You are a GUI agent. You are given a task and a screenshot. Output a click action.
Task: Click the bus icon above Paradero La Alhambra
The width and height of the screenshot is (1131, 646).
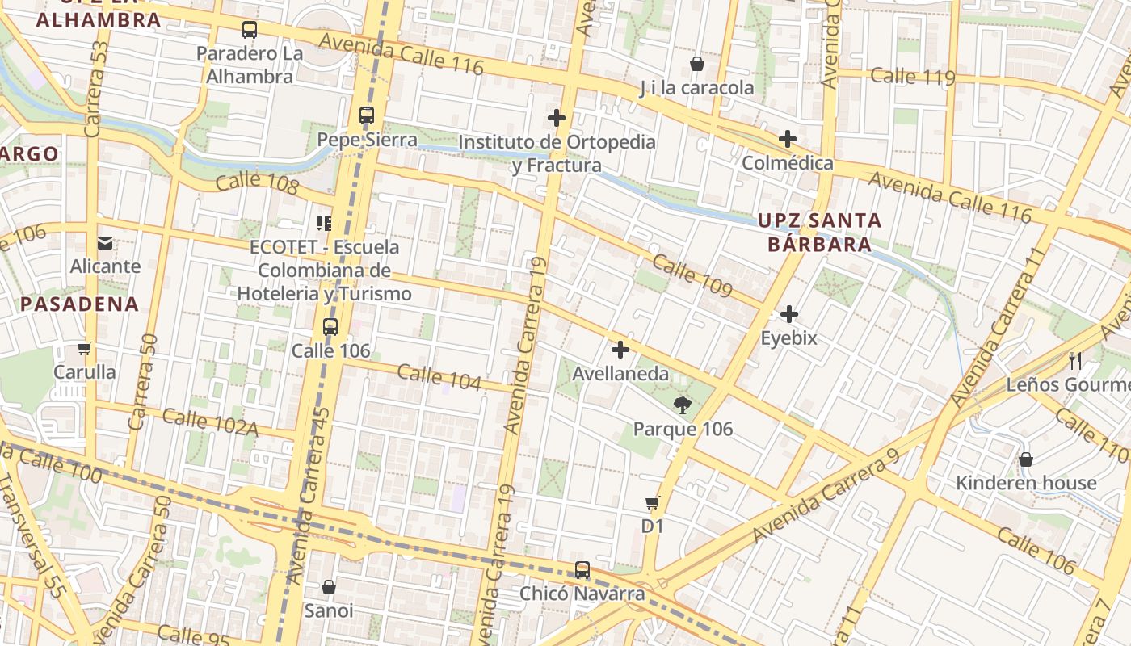pyautogui.click(x=250, y=31)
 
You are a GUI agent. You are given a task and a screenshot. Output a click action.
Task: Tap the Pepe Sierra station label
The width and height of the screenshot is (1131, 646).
pyautogui.click(x=367, y=139)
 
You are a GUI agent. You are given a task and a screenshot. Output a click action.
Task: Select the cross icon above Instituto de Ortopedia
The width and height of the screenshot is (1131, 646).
pyautogui.click(x=556, y=118)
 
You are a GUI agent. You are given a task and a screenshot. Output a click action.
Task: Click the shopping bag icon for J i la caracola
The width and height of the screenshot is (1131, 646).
pyautogui.click(x=697, y=64)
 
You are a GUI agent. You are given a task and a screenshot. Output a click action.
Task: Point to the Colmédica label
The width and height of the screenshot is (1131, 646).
pyautogui.click(x=787, y=163)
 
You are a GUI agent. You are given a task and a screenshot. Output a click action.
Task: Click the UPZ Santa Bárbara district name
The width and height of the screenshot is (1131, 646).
pyautogui.click(x=819, y=232)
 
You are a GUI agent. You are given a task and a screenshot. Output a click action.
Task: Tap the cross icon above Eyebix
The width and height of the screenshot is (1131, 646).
pyautogui.click(x=789, y=314)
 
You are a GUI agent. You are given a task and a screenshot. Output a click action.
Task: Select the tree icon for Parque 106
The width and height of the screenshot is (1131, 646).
pyautogui.click(x=683, y=405)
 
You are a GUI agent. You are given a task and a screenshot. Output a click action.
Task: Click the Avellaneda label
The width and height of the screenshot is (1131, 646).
pyautogui.click(x=620, y=374)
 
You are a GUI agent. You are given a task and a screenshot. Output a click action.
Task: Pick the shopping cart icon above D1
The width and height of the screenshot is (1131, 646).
pyautogui.click(x=653, y=503)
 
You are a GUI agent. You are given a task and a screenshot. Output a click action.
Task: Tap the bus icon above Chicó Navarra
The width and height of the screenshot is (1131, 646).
pyautogui.click(x=582, y=570)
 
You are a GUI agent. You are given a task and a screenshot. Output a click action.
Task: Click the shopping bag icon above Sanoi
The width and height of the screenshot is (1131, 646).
pyautogui.click(x=329, y=587)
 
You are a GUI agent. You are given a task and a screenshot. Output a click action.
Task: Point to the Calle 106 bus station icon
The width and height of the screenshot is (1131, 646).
pyautogui.click(x=330, y=327)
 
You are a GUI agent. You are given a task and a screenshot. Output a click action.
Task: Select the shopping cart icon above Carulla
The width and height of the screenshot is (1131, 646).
pyautogui.click(x=84, y=349)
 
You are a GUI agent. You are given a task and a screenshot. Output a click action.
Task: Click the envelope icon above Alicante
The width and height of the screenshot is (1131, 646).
pyautogui.click(x=105, y=242)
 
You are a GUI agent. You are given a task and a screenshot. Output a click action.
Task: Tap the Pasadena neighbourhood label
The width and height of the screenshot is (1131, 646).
pyautogui.click(x=79, y=304)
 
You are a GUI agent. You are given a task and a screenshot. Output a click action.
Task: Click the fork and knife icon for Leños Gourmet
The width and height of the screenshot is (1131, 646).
pyautogui.click(x=1074, y=361)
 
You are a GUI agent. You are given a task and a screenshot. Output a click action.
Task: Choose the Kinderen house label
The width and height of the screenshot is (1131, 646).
pyautogui.click(x=1026, y=483)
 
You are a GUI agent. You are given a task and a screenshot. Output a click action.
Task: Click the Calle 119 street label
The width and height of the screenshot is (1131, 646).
pyautogui.click(x=913, y=77)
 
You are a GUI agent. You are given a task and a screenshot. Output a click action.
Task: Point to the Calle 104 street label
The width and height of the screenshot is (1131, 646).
pyautogui.click(x=439, y=377)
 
